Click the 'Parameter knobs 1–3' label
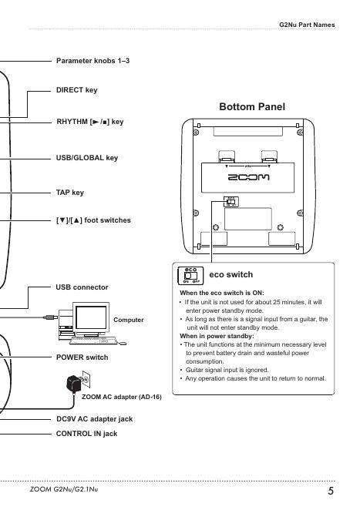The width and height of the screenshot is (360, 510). point(93,61)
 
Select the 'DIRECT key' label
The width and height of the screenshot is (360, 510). point(77,90)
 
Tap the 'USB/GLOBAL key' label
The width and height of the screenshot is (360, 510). point(87,158)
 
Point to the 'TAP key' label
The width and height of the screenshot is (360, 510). point(70,193)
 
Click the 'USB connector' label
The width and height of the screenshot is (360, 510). point(82,287)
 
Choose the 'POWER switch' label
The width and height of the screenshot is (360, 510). point(82,357)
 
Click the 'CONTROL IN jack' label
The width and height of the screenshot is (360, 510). point(86,434)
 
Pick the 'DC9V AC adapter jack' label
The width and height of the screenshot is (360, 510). point(94,419)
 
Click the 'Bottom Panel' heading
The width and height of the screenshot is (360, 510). point(252,106)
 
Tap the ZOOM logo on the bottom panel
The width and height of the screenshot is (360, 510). point(248,177)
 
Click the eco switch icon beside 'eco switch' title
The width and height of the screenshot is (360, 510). point(190,276)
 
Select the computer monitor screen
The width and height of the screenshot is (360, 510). point(91,317)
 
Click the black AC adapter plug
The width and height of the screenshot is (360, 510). point(73,384)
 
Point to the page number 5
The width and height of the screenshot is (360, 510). point(331,491)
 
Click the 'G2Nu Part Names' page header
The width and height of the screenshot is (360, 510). point(307,25)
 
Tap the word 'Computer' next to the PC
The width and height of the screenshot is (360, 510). point(129,320)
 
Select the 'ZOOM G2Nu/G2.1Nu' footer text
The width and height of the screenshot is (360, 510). point(64,489)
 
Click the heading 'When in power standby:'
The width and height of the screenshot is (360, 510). point(217,336)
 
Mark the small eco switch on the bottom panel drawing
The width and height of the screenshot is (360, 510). point(230,202)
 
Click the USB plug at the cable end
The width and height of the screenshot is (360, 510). point(50,317)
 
